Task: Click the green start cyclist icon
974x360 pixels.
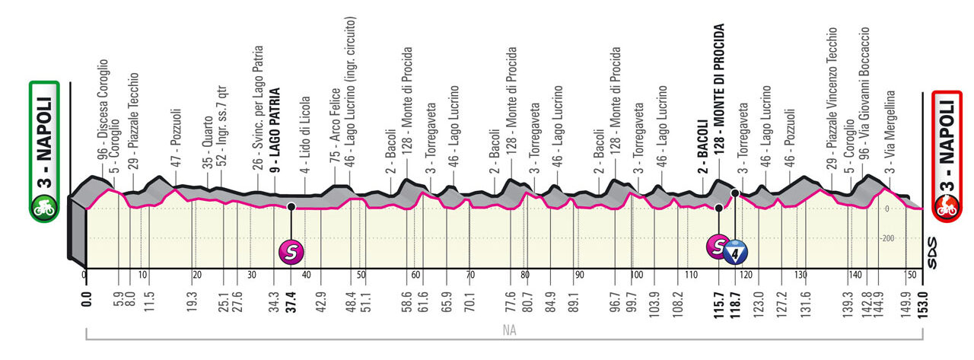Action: (43, 206)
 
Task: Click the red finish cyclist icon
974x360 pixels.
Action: (948, 206)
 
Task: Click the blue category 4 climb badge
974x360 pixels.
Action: (736, 252)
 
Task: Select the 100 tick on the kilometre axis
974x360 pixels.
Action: (635, 275)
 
